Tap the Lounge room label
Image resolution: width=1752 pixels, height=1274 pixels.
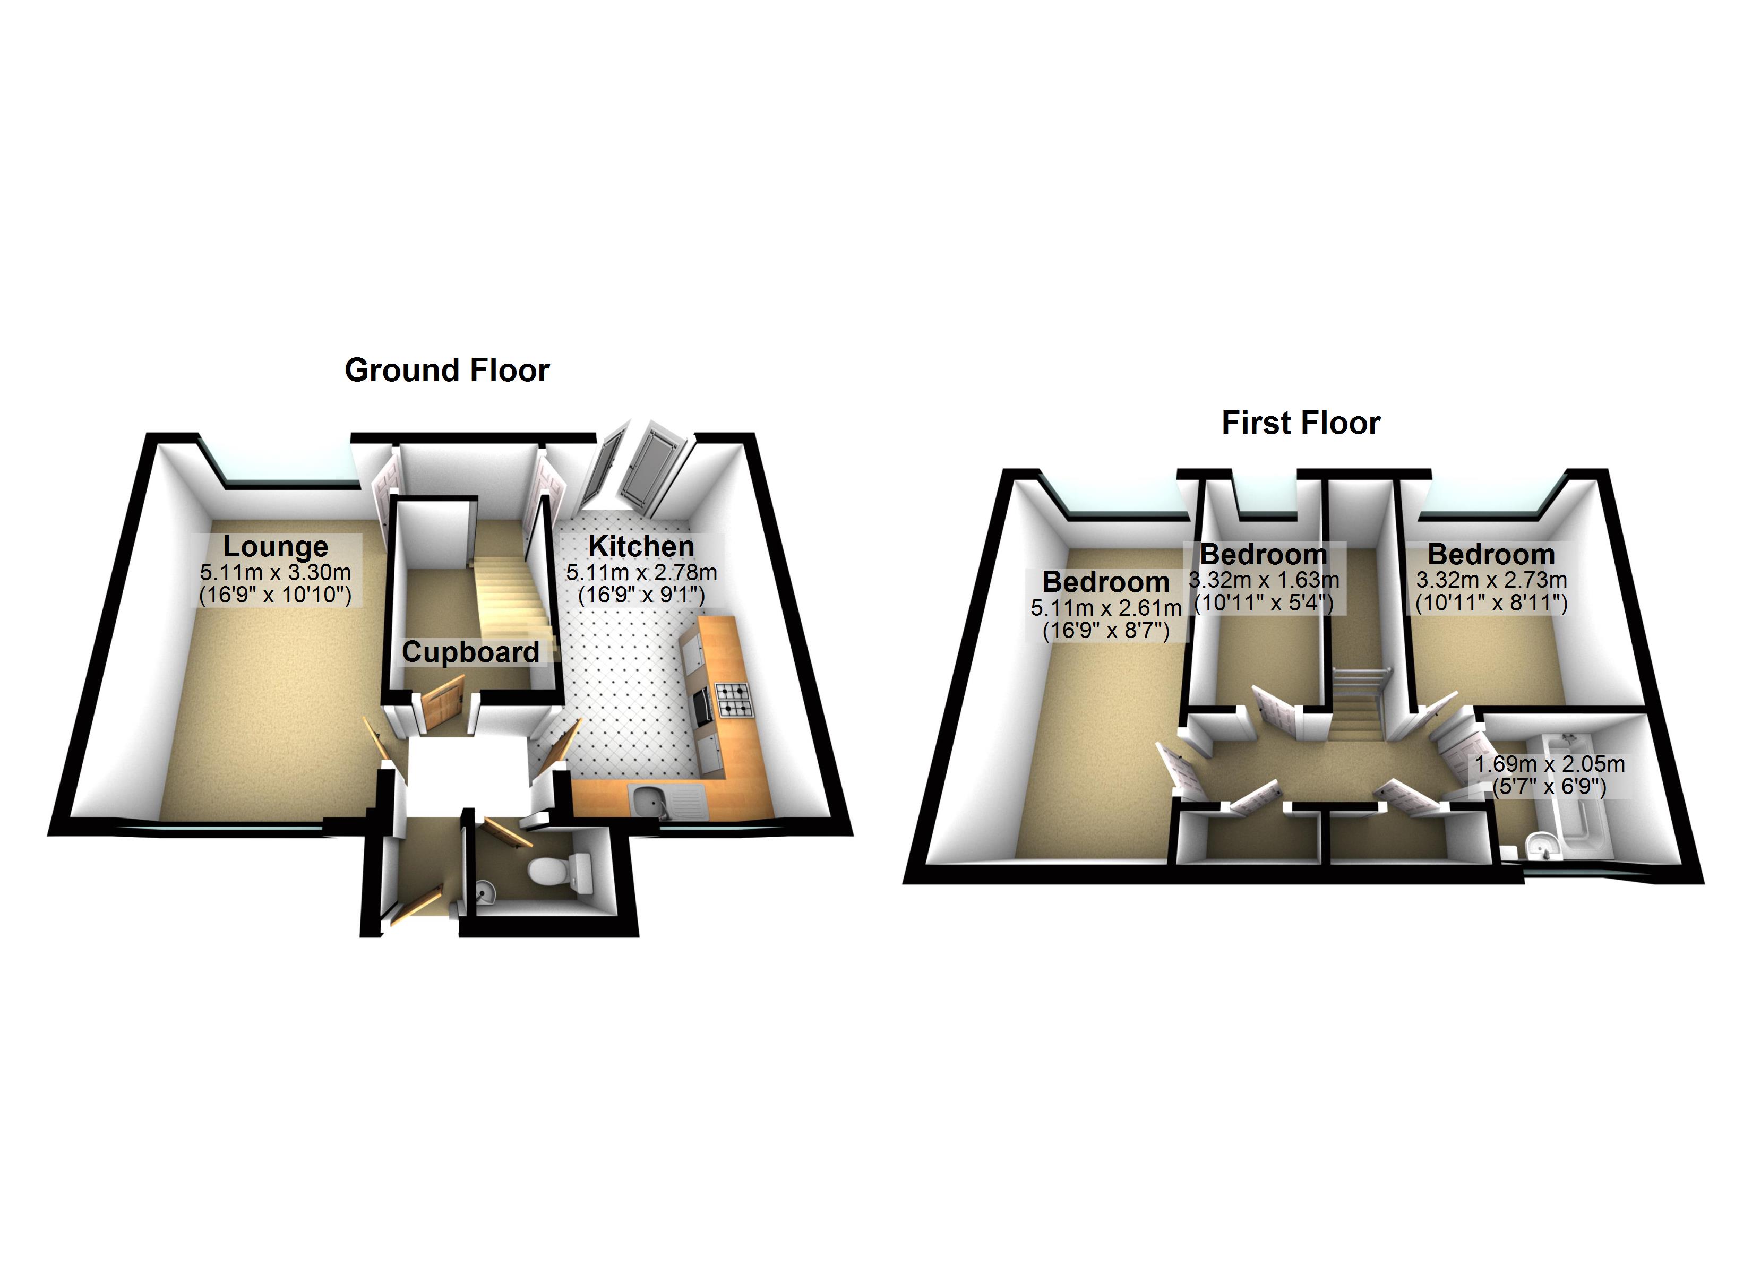pyautogui.click(x=276, y=546)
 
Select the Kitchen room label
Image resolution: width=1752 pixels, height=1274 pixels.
pyautogui.click(x=641, y=546)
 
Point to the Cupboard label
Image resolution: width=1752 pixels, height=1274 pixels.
pyautogui.click(x=470, y=652)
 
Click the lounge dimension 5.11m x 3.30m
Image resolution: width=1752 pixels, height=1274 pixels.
pyautogui.click(x=276, y=572)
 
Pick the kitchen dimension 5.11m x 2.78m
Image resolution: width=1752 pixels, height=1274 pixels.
pyautogui.click(x=641, y=572)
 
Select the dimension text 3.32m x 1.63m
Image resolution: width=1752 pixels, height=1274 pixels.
pyautogui.click(x=1264, y=580)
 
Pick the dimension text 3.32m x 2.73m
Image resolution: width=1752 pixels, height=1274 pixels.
pyautogui.click(x=1492, y=580)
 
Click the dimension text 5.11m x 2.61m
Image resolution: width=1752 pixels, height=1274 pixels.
pyautogui.click(x=1106, y=608)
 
